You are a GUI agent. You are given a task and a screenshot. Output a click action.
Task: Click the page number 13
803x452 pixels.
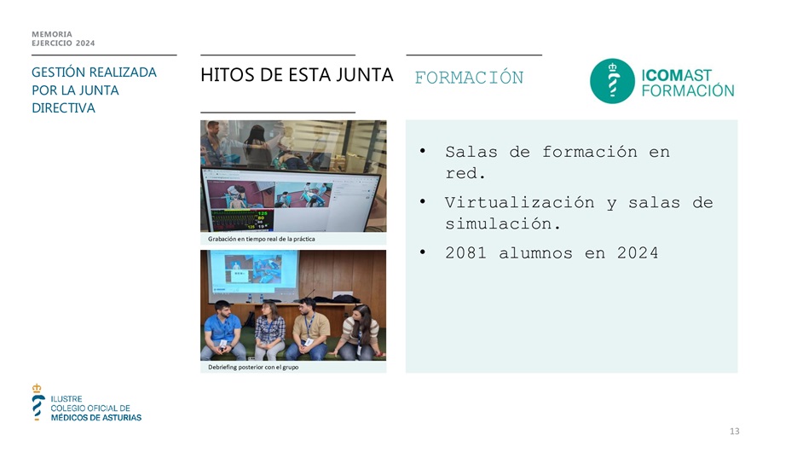pos(734,432)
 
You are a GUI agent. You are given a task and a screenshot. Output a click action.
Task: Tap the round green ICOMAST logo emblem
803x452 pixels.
pos(613,81)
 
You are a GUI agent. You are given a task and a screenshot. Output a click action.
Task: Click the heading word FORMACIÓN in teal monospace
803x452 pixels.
pos(469,78)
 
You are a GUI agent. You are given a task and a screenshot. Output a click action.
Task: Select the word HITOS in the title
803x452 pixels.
pos(228,75)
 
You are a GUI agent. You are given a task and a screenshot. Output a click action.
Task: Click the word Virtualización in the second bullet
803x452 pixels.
pos(520,202)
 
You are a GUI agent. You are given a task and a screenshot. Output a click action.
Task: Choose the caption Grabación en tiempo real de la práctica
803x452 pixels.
pos(261,239)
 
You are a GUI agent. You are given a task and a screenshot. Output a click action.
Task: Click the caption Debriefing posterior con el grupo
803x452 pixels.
pos(253,367)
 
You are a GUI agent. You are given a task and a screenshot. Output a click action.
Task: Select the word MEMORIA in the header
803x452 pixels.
pos(52,34)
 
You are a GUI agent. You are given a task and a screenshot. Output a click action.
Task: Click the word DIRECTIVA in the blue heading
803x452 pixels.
pos(63,108)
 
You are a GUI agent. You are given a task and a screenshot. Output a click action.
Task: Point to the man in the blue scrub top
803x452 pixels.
pos(222,331)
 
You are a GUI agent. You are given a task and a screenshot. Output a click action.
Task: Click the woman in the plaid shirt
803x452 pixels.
pos(269,331)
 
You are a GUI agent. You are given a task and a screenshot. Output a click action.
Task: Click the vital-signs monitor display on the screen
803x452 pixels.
pos(242,219)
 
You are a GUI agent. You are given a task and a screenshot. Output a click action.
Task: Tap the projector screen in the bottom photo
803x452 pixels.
pos(254,273)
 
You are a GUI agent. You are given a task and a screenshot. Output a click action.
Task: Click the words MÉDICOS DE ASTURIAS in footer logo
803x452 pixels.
pos(96,418)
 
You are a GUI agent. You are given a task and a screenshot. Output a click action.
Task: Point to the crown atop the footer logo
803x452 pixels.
pos(37,388)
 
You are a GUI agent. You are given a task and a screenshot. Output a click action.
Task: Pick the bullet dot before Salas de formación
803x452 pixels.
pos(423,151)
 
